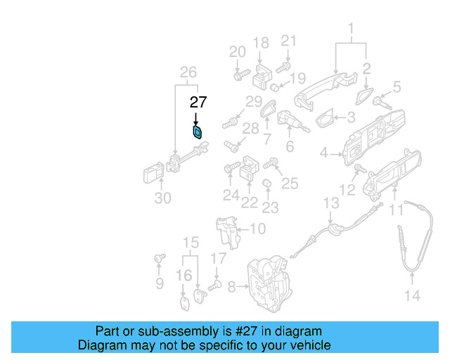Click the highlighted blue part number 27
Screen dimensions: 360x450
point(198,131)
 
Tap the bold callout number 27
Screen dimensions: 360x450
point(198,102)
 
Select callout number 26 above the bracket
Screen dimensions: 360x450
point(187,72)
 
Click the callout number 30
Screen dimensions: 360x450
point(162,198)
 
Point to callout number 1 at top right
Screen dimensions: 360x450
point(351,29)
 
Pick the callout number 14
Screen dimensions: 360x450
point(413,296)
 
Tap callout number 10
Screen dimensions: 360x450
point(258,229)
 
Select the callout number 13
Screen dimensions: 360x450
point(331,203)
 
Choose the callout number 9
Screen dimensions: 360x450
point(160,283)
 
